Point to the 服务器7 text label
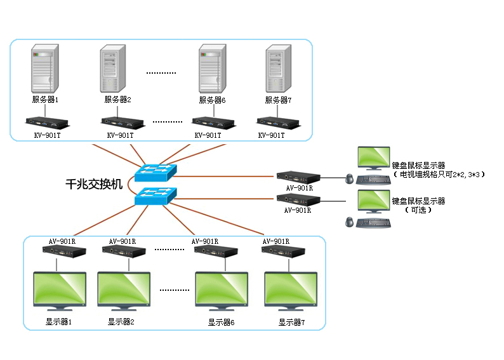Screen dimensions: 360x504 (x=278, y=100)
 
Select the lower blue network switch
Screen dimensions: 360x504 (x=154, y=195)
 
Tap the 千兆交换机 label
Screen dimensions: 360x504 (x=95, y=184)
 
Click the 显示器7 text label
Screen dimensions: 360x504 (x=291, y=323)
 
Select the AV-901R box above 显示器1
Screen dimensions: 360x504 (x=63, y=251)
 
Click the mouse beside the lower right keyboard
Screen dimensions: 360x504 (x=348, y=222)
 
